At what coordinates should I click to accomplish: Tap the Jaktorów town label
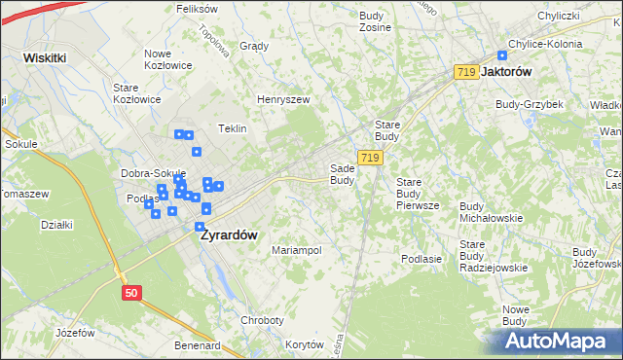click(512, 72)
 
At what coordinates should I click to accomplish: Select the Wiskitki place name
click(45, 57)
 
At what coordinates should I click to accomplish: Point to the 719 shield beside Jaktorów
click(465, 73)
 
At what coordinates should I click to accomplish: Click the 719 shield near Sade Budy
click(369, 157)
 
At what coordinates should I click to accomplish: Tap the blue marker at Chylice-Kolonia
click(502, 56)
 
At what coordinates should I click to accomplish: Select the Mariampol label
click(297, 250)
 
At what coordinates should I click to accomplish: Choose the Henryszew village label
click(282, 99)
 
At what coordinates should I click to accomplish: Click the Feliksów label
click(197, 9)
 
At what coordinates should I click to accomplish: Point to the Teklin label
click(232, 128)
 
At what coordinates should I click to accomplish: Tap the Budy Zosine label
click(375, 21)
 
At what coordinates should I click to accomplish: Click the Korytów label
click(305, 345)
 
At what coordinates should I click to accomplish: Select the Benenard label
click(198, 345)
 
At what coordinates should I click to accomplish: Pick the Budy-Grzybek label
click(524, 104)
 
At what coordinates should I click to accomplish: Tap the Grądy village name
click(253, 46)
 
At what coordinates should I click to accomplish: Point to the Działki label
click(57, 225)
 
